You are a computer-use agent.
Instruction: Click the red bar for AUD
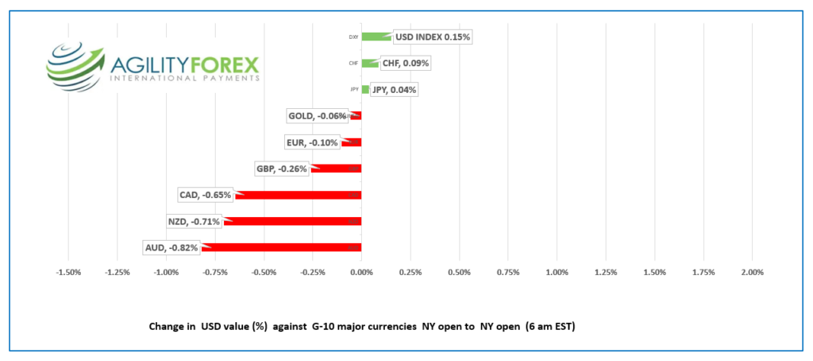coord(286,247)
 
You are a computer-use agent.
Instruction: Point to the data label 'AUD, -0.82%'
coord(171,247)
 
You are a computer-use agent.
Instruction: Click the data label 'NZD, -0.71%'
coord(195,221)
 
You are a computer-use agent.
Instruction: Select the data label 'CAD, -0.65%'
coord(206,195)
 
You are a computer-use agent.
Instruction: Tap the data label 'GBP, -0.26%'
coord(281,169)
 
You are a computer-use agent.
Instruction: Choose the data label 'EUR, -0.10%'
coord(312,142)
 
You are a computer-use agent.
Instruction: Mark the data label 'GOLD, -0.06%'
coord(317,116)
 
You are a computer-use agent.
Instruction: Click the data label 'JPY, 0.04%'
coord(394,90)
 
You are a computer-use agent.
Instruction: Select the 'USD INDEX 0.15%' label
coord(433,37)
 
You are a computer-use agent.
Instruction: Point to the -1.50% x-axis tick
coord(68,273)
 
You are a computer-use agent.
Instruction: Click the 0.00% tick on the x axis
coord(361,273)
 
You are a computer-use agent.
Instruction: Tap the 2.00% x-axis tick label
coord(752,273)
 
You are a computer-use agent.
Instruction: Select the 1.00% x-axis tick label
coord(557,273)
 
